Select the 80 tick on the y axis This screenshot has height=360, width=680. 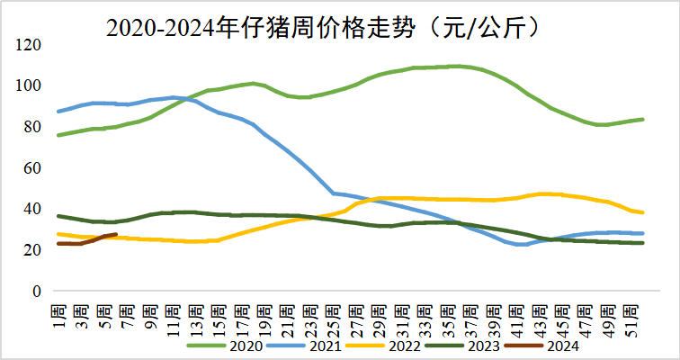coord(31,127)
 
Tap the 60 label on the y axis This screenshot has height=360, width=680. coord(31,168)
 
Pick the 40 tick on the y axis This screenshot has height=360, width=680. coord(31,209)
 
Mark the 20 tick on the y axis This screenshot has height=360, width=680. coord(31,250)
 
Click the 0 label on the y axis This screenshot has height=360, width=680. coord(36,292)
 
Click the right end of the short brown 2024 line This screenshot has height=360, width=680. coord(116,235)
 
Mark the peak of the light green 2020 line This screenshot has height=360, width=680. coord(457,66)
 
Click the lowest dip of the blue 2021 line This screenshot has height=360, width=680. coord(522,245)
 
